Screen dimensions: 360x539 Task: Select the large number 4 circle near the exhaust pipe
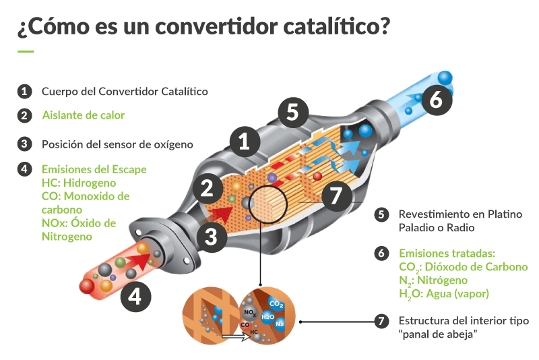click(135, 297)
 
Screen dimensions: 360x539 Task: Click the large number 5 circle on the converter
click(292, 111)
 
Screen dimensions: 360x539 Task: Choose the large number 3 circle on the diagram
click(212, 235)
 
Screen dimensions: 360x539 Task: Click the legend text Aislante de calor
click(83, 115)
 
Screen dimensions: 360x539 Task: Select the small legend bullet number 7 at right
click(382, 321)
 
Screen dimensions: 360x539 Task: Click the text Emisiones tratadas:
click(447, 253)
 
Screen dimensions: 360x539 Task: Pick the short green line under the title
click(26, 51)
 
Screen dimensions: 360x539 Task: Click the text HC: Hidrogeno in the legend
click(79, 183)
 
